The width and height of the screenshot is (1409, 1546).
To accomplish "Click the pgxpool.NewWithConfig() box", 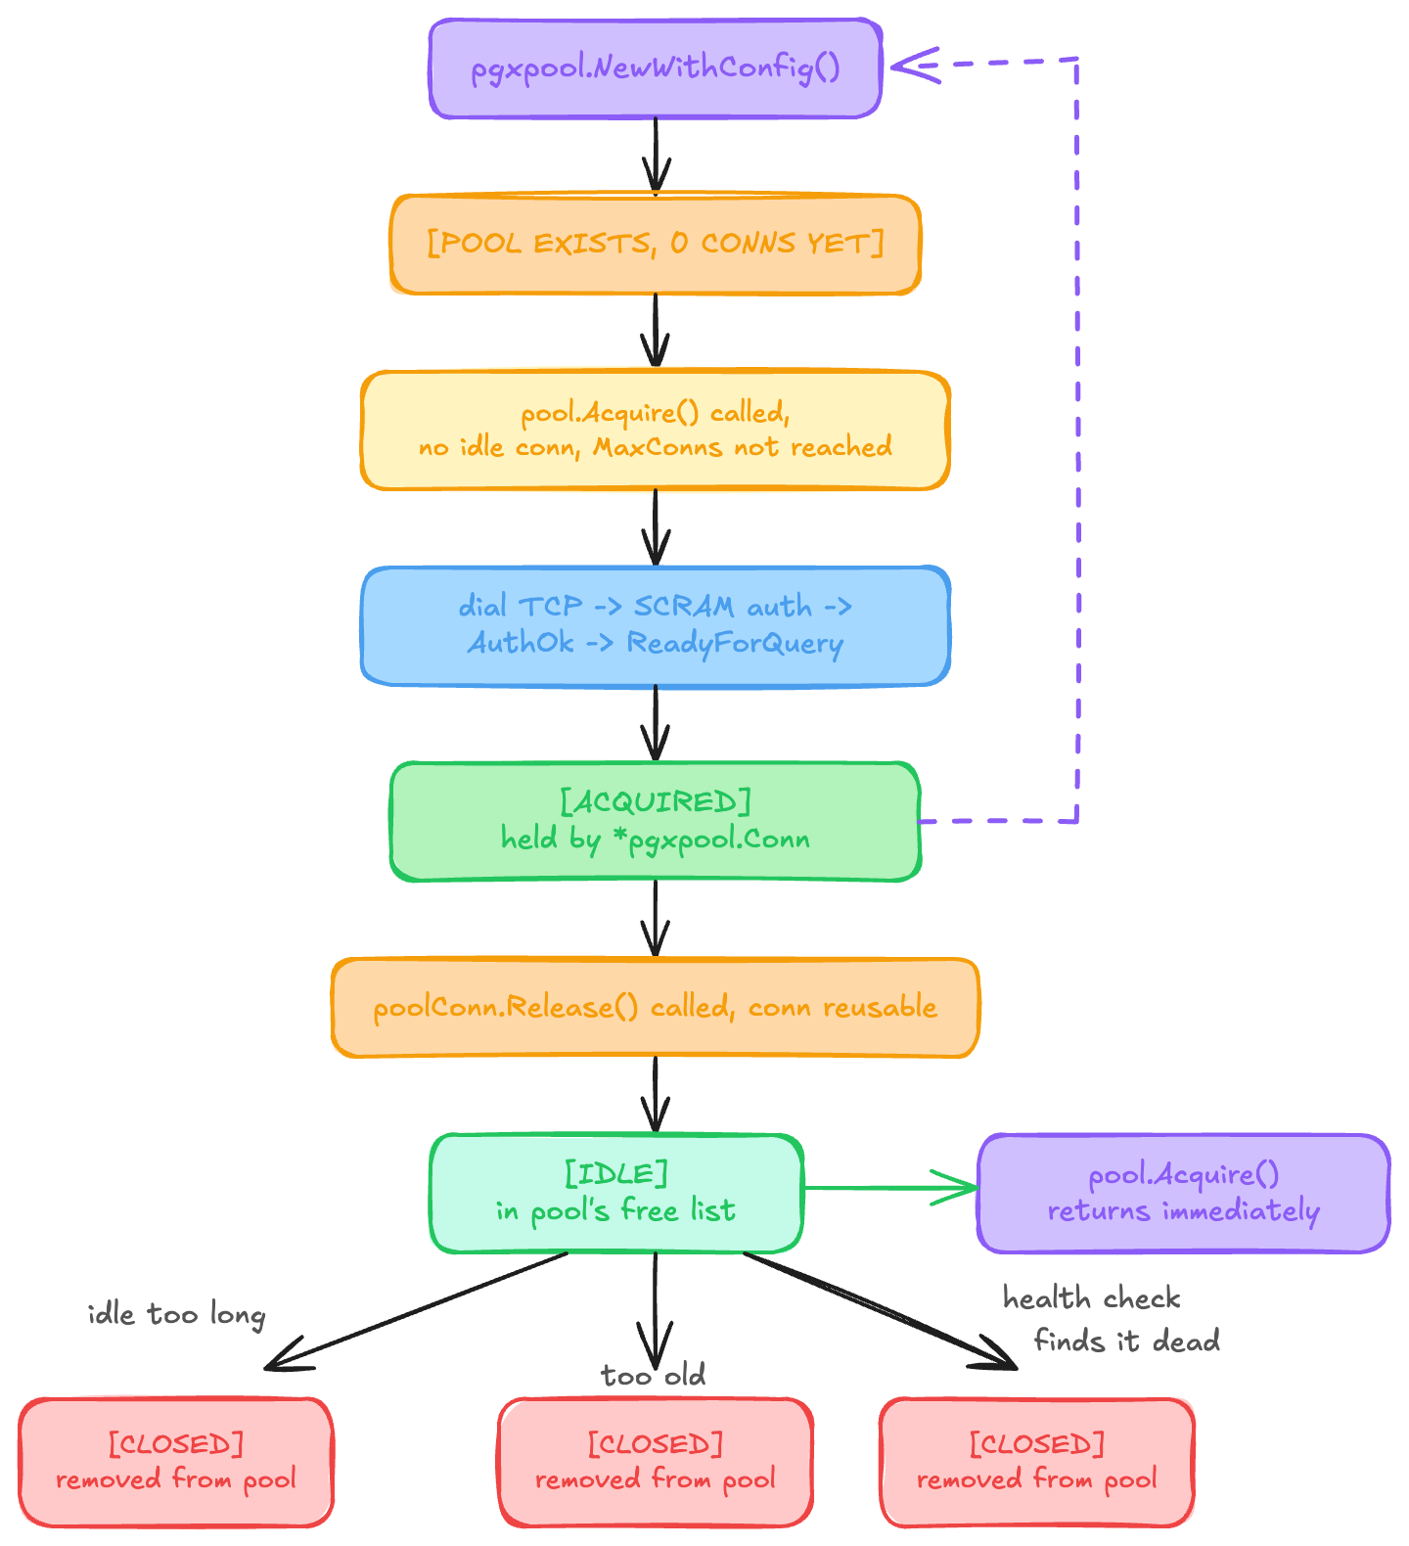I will (x=656, y=68).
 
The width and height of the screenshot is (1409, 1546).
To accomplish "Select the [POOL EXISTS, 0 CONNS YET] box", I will (x=656, y=245).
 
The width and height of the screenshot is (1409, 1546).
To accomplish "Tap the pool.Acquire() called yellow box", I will (x=656, y=431).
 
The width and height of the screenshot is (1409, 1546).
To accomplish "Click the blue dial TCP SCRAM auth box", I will (x=656, y=626).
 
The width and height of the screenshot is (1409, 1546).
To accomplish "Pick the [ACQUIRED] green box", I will (x=656, y=822).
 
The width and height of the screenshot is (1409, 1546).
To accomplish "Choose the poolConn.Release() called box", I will (x=656, y=1008).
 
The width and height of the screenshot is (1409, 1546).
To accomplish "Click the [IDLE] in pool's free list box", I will (x=616, y=1194).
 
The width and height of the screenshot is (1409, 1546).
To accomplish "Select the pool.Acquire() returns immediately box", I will (x=1184, y=1194).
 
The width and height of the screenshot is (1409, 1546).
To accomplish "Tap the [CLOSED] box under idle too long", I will (x=176, y=1462).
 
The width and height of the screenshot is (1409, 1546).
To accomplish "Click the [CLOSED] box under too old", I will (x=656, y=1462).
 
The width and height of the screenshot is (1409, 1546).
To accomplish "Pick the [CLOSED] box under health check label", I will (x=1037, y=1462).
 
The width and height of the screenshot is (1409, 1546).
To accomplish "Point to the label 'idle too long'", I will (x=176, y=1314).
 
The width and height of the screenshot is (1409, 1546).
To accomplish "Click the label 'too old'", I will (x=653, y=1376).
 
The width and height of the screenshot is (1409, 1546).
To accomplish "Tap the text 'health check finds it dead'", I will (x=1111, y=1319).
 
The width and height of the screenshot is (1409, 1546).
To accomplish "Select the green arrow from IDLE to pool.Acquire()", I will (x=890, y=1188).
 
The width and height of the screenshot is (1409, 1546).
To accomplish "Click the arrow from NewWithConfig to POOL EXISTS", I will (x=656, y=157).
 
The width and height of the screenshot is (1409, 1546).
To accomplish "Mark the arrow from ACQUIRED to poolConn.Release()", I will (x=656, y=920).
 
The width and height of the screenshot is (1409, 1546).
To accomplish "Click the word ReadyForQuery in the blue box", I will (x=735, y=644).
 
